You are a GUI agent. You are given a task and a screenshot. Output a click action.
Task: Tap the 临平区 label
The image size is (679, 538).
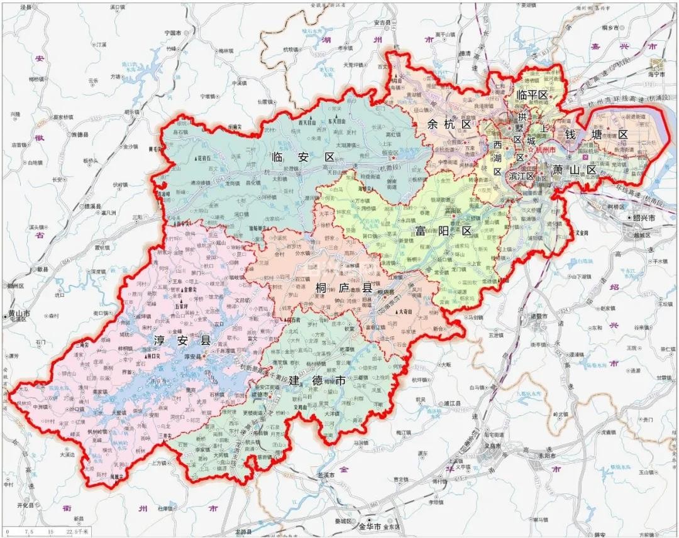pyautogui.click(x=532, y=95)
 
